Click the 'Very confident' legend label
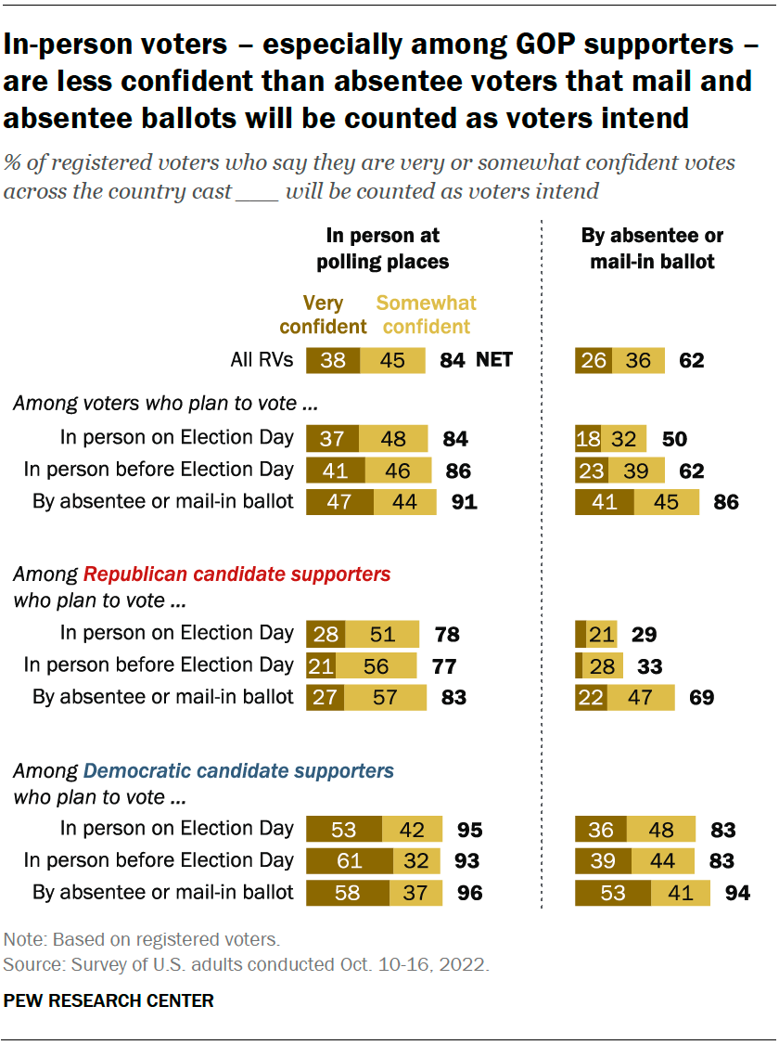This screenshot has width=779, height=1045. point(323,315)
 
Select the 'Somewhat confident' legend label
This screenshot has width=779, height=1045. point(426,315)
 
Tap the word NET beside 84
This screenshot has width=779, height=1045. point(494,360)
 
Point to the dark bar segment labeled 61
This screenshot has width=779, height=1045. point(349,861)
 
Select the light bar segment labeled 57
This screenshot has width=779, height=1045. point(386,697)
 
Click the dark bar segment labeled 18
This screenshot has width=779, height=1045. point(588,438)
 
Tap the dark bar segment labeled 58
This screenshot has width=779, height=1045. point(348,893)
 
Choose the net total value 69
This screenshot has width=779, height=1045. point(701,697)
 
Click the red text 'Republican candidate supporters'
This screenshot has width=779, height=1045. point(237,574)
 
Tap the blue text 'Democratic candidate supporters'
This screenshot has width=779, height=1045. point(238,770)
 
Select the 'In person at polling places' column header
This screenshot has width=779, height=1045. point(383,249)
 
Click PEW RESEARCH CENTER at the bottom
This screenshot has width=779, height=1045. point(109,1000)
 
